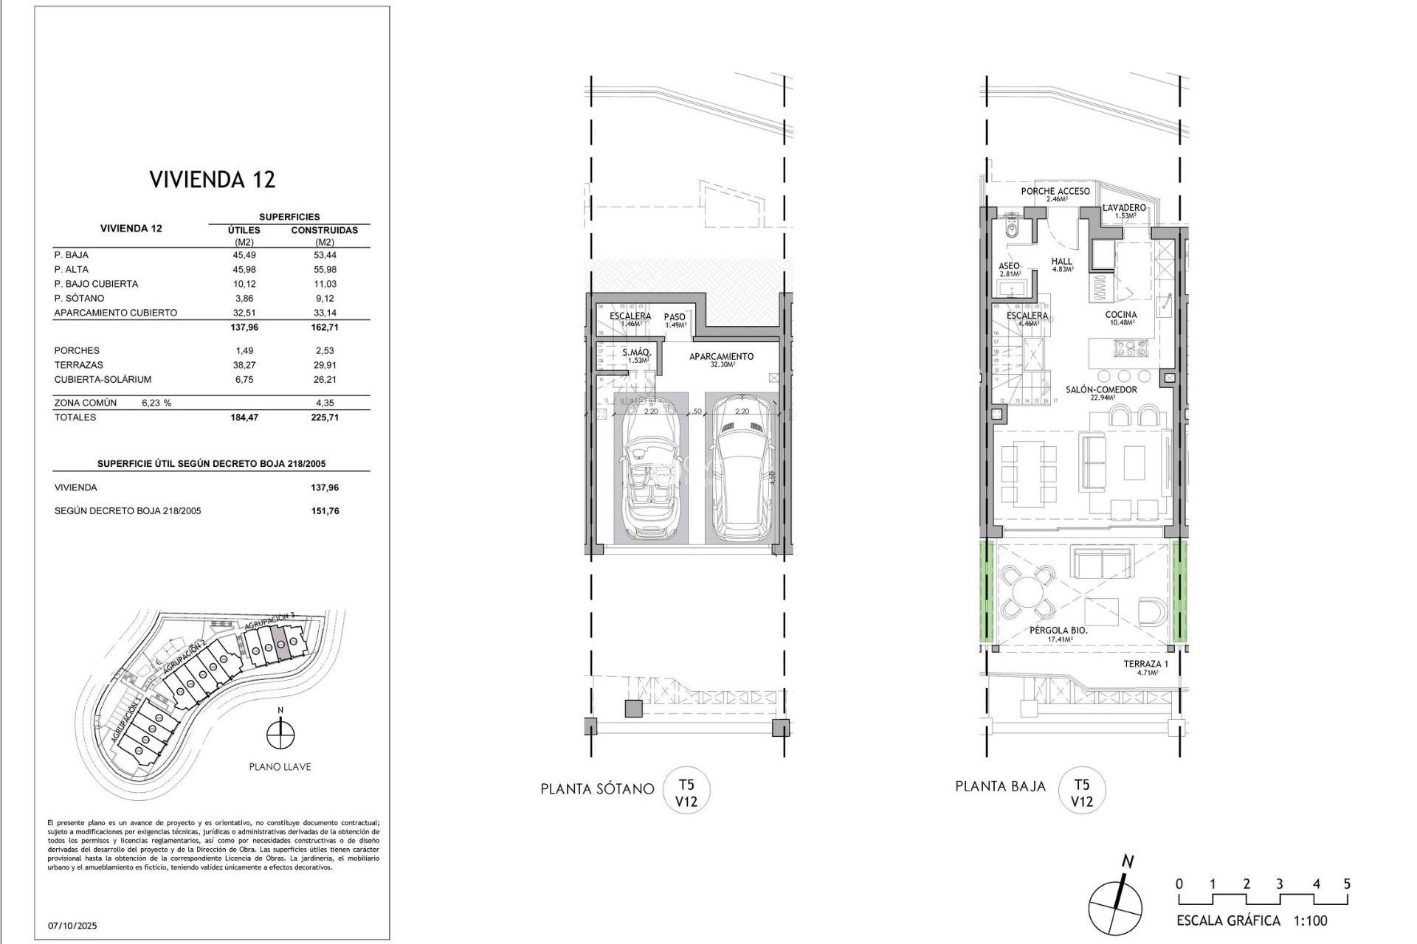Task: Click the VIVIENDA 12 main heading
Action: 213,179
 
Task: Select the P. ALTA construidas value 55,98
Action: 325,269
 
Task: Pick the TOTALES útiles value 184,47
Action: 244,417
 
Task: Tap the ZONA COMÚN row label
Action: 86,403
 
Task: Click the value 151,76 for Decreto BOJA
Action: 325,511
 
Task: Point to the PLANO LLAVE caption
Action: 280,767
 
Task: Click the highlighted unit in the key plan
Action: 280,642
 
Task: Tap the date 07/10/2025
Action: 72,926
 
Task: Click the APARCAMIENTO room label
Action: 721,357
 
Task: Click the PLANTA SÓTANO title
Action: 597,789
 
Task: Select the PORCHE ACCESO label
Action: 1055,192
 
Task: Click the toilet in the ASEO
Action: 1012,229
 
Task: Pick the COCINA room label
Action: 1120,315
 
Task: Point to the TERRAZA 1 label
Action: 1145,664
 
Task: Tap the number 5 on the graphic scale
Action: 1346,884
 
